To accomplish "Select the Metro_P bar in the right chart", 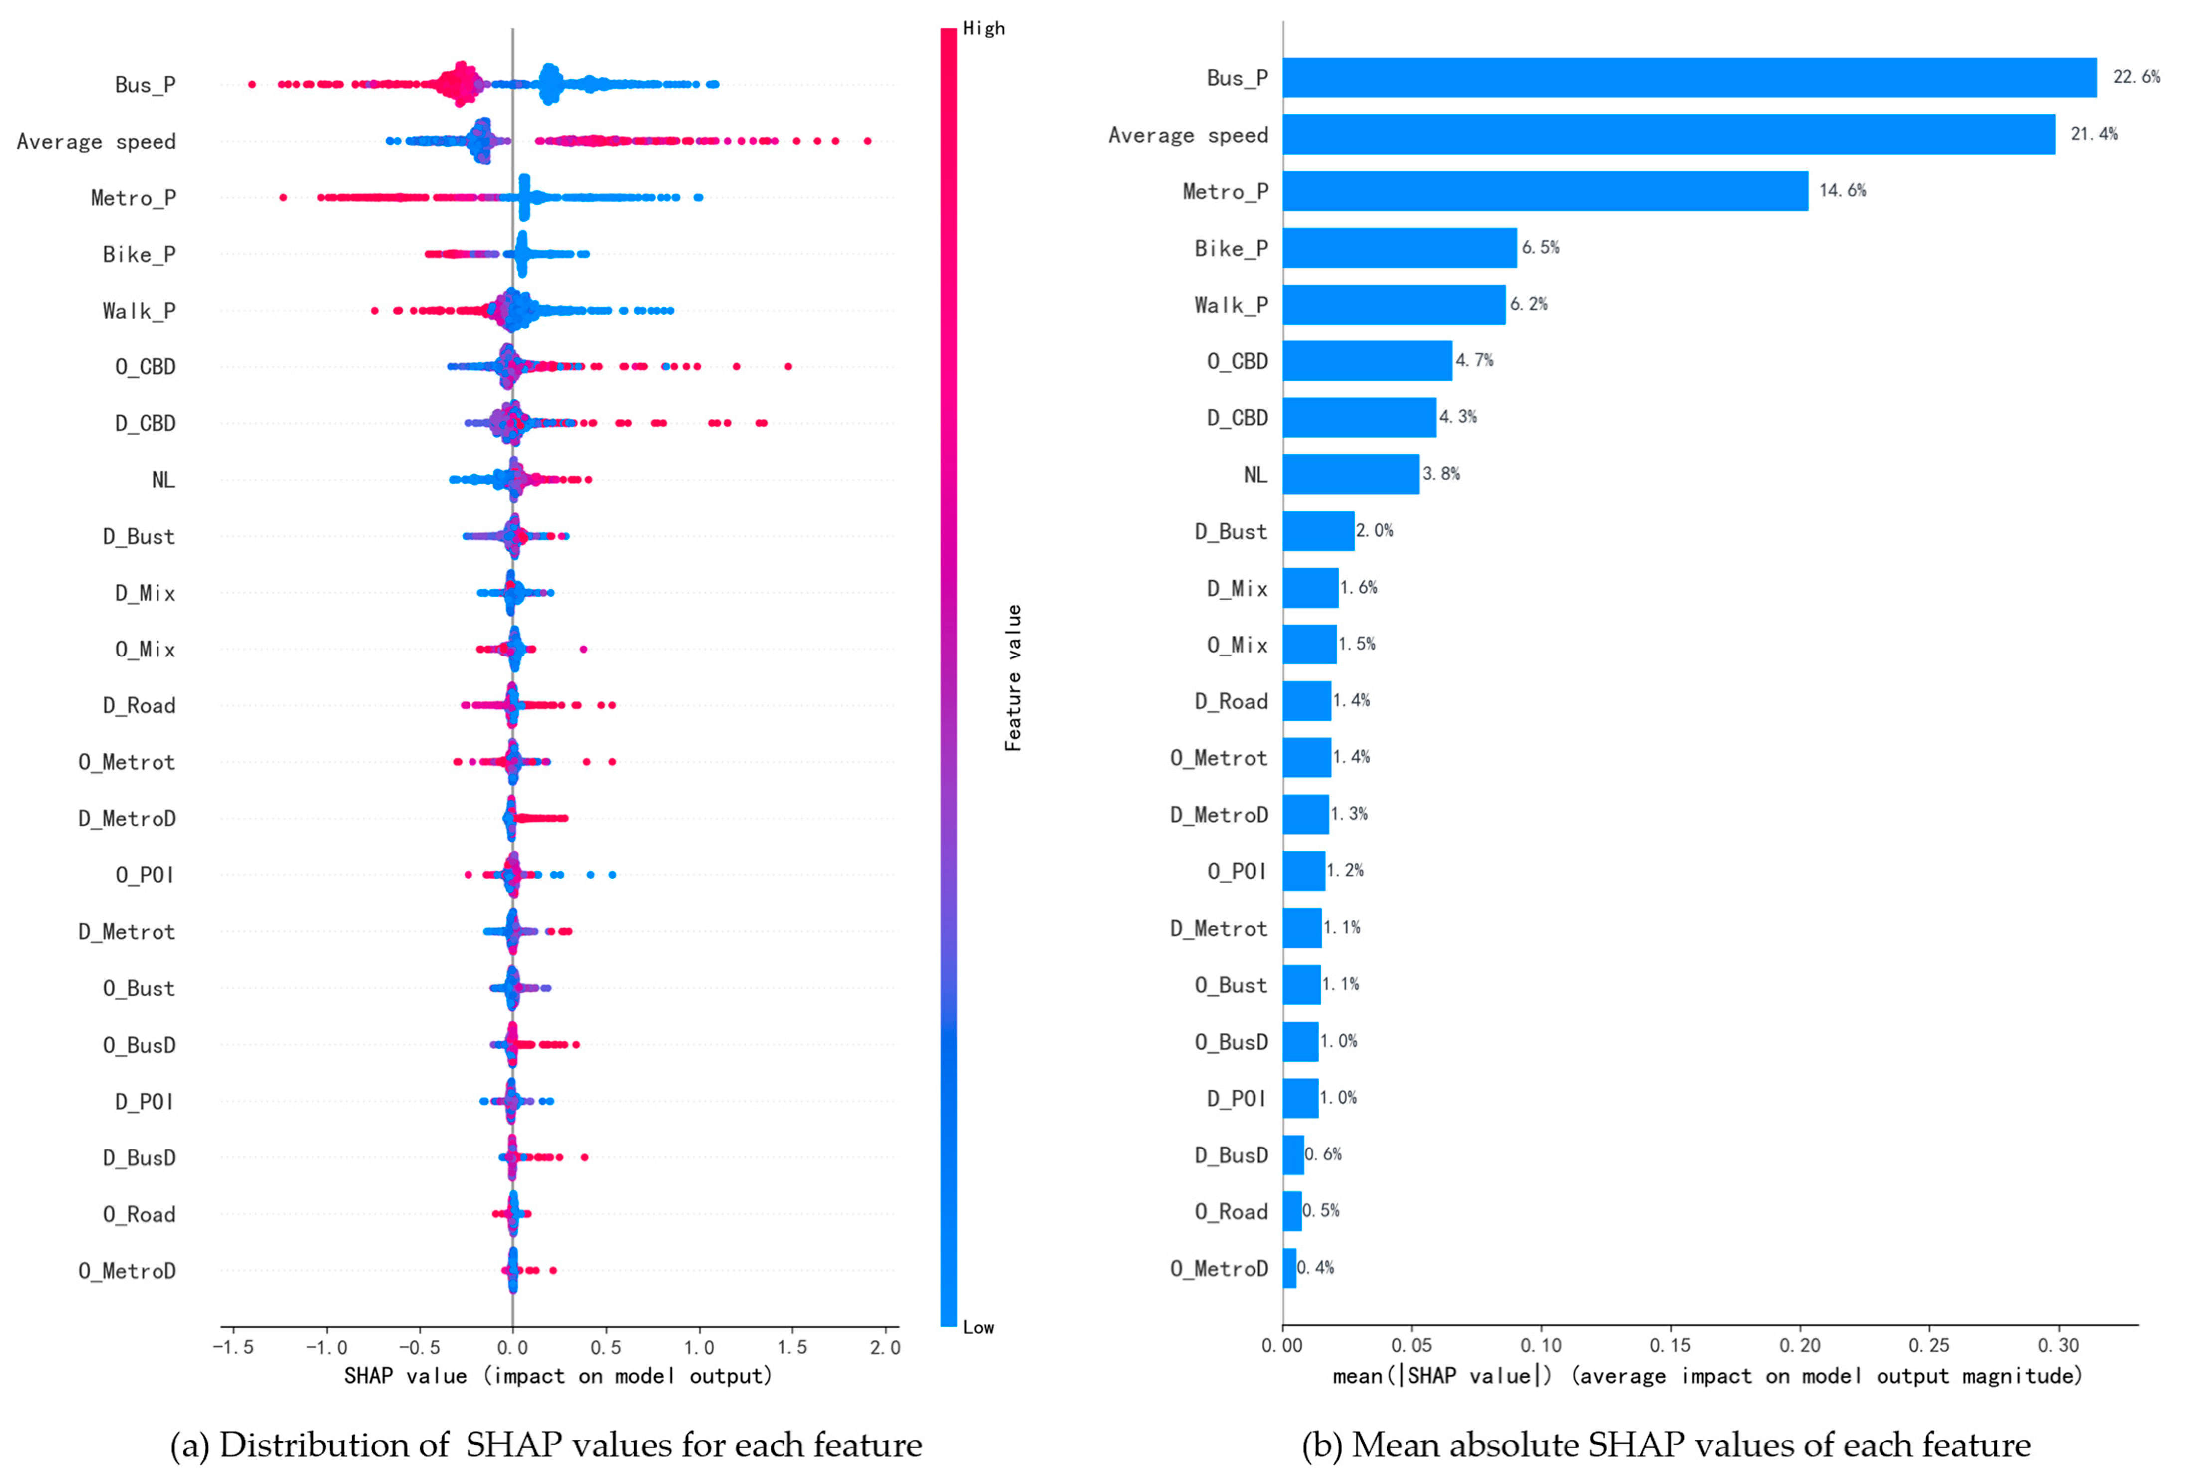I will point(1544,191).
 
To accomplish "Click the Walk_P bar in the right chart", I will point(1394,304).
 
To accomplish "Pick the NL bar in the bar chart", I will point(1350,475).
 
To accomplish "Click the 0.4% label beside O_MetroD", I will point(1315,1268).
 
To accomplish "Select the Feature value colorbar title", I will point(1013,678).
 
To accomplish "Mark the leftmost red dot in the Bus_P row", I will point(251,85).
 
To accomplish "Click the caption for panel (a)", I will point(546,1444).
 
